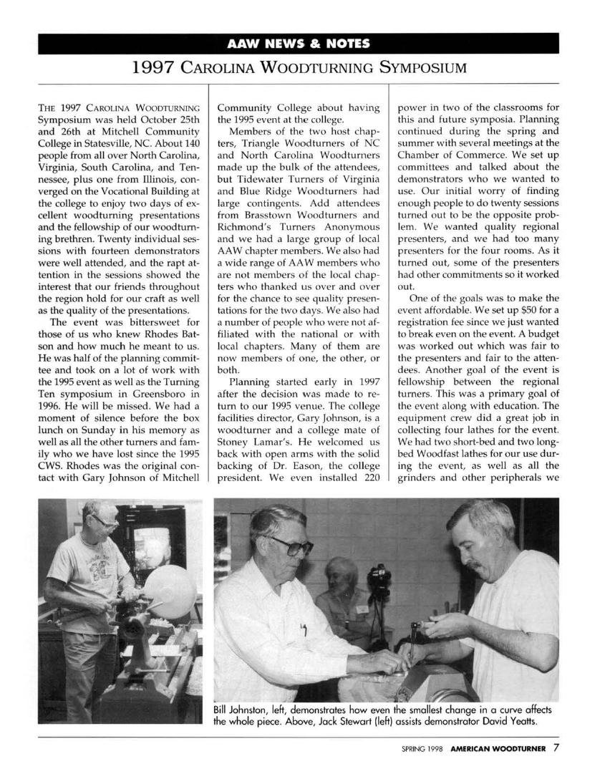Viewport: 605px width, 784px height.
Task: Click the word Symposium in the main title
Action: [422, 69]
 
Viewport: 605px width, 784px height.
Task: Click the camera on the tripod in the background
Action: [378, 574]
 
